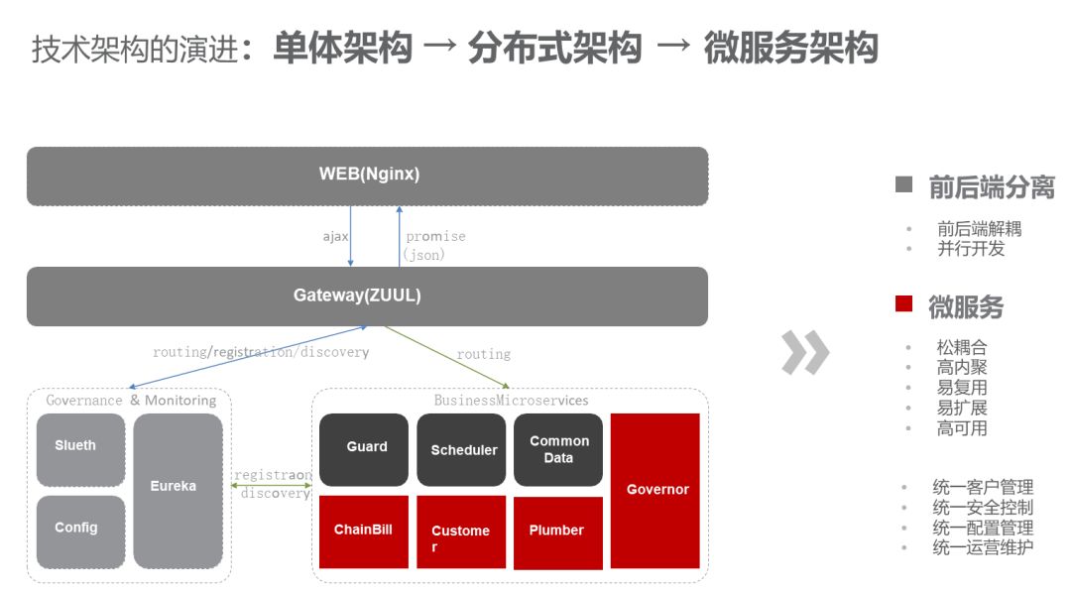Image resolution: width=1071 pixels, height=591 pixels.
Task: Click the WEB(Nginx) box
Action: pyautogui.click(x=368, y=176)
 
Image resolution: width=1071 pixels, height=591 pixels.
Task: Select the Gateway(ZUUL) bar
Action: pyautogui.click(x=368, y=295)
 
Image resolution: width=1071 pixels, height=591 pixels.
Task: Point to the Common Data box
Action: pyautogui.click(x=558, y=449)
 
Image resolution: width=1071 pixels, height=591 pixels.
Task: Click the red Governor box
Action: pyautogui.click(x=655, y=490)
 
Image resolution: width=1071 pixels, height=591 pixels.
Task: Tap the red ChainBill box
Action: pyautogui.click(x=364, y=532)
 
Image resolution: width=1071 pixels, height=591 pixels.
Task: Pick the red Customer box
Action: pyautogui.click(x=461, y=532)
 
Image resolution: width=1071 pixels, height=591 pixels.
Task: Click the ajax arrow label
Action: pyautogui.click(x=335, y=237)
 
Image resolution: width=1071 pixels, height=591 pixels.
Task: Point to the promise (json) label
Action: pyautogui.click(x=433, y=245)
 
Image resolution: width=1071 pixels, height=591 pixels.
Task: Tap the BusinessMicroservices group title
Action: pyautogui.click(x=511, y=401)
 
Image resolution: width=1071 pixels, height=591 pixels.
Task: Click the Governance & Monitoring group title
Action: pyautogui.click(x=131, y=401)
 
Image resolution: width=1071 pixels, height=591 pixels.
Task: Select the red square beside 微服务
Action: pyautogui.click(x=903, y=304)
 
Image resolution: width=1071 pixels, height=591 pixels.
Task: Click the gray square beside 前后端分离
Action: pyautogui.click(x=903, y=184)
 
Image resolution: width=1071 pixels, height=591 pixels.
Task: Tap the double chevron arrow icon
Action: pyautogui.click(x=804, y=352)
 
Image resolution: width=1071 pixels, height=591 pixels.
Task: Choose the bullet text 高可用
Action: pyautogui.click(x=962, y=428)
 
